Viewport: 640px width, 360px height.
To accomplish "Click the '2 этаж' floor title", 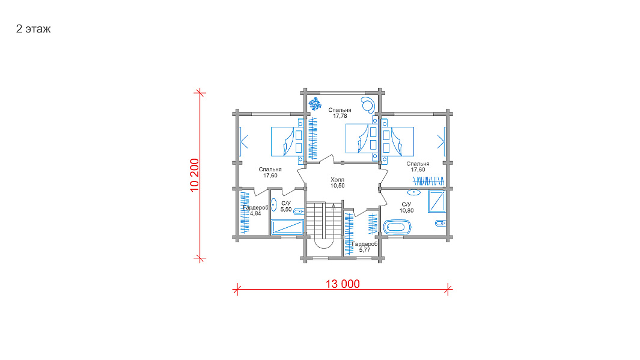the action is tap(33, 29).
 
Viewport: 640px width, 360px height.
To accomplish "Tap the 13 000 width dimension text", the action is tap(343, 284).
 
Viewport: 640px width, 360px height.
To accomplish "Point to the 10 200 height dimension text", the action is tap(194, 175).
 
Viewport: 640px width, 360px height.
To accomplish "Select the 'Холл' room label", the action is tap(337, 180).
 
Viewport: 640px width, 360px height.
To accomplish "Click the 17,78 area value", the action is tap(340, 116).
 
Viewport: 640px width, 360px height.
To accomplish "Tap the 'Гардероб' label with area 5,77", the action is tap(365, 243).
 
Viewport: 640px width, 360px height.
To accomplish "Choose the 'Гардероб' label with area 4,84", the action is tap(255, 207).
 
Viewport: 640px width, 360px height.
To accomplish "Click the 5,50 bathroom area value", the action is tap(285, 209).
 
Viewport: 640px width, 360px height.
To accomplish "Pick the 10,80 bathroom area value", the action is tap(406, 210).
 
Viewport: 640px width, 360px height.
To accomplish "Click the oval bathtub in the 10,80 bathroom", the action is tap(397, 227).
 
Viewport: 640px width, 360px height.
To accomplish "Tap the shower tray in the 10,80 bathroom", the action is tap(437, 201).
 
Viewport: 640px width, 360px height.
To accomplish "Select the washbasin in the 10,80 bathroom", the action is tap(414, 192).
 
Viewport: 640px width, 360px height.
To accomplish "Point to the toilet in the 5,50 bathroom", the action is tap(299, 212).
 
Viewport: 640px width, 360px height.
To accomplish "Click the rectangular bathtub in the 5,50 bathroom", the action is tap(288, 227).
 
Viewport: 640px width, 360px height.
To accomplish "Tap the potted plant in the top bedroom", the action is tap(315, 103).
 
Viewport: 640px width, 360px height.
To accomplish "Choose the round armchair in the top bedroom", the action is tap(368, 104).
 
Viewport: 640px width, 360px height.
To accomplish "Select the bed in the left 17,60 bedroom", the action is tap(287, 142).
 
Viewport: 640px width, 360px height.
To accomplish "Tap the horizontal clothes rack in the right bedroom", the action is tap(428, 180).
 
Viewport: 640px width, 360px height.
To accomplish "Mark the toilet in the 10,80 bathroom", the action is tap(440, 223).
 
